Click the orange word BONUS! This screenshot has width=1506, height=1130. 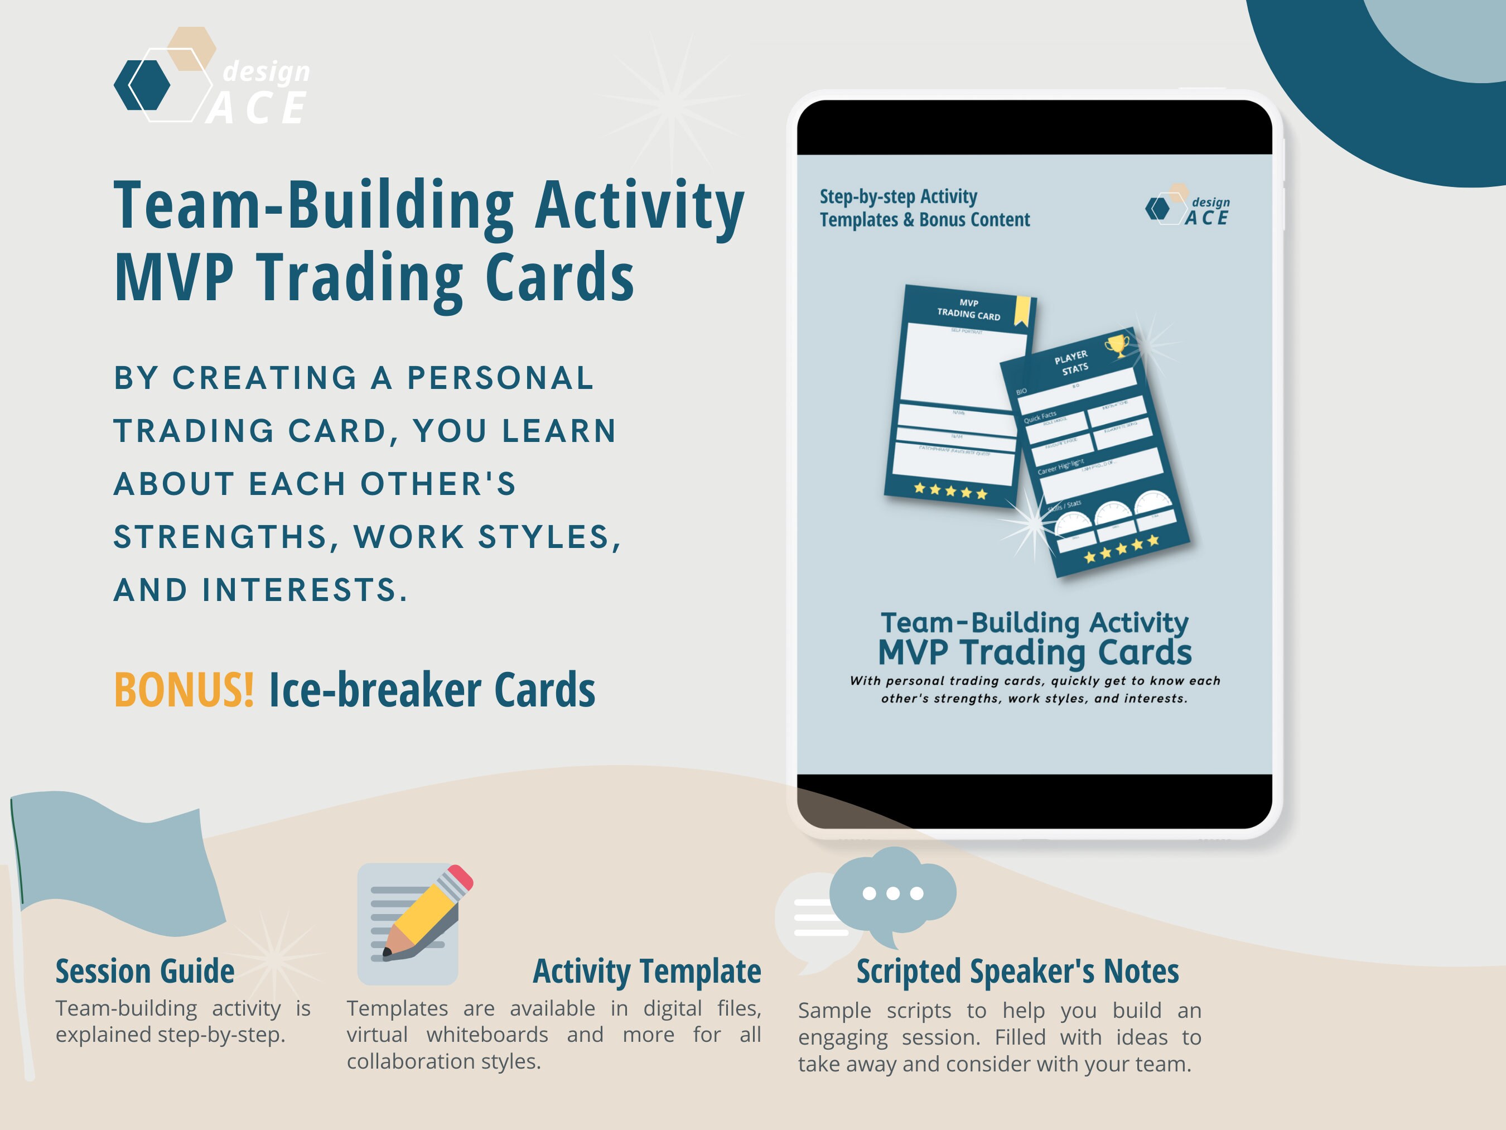coord(184,689)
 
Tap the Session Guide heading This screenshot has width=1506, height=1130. coord(145,972)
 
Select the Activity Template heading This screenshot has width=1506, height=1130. coord(647,972)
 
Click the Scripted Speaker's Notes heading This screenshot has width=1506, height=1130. coord(1017,972)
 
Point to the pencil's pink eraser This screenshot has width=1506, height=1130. coord(461,877)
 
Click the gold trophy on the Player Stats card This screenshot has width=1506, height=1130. coord(1116,345)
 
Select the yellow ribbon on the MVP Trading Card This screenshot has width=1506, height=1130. coord(1022,311)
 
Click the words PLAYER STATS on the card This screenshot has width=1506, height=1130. coord(1071,362)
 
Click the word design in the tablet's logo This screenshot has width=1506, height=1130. coord(1210,203)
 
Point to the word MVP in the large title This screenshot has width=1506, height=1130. coord(174,277)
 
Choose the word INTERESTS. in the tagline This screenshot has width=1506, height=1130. coord(305,590)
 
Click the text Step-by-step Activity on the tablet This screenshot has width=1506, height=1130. coord(898,197)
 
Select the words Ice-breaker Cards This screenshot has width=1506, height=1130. coord(432,689)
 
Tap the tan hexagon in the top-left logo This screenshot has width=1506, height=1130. coord(192,47)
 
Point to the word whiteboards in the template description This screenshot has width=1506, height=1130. coord(487,1035)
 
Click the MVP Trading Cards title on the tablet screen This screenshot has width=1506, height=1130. coord(1034,652)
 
